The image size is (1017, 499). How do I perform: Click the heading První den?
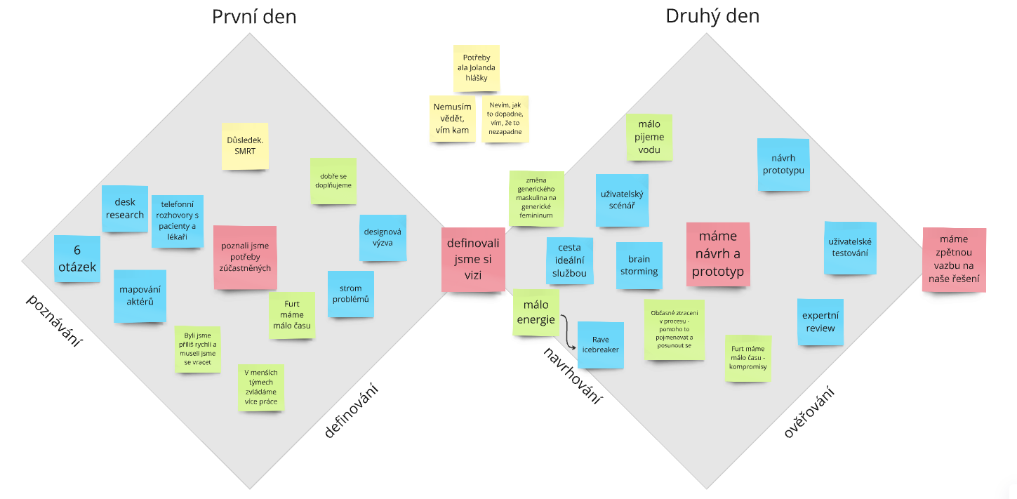(254, 17)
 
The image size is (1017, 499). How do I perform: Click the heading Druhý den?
(712, 15)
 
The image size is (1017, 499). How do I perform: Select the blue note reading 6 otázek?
(77, 258)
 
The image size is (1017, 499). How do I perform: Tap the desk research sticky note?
(125, 208)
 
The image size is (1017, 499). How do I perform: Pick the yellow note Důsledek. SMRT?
(245, 146)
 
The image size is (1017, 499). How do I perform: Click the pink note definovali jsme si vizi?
(473, 259)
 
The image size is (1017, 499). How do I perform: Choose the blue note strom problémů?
(350, 294)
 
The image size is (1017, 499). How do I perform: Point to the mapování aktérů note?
(140, 295)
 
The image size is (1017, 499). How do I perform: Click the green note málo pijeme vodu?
(649, 137)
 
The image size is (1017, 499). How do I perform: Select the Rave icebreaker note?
(600, 344)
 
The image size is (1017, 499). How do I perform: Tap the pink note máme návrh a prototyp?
(717, 254)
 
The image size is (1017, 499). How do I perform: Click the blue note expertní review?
(820, 321)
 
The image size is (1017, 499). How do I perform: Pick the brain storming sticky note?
(639, 265)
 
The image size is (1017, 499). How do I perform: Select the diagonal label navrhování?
(573, 374)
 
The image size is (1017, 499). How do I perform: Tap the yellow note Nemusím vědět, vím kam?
(452, 118)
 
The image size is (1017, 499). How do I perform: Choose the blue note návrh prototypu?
(783, 164)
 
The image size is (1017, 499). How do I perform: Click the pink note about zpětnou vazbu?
(954, 259)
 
